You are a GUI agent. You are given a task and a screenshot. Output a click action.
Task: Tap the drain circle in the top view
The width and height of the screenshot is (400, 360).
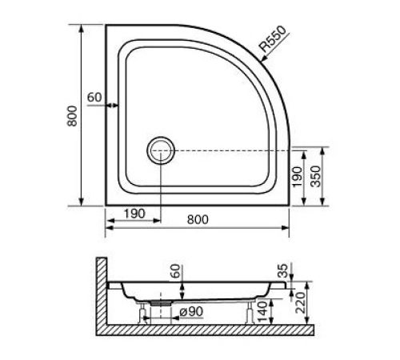160,150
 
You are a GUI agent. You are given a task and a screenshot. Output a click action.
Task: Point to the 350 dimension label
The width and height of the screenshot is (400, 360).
317,177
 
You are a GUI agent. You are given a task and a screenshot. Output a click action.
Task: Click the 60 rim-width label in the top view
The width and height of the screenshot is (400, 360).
94,98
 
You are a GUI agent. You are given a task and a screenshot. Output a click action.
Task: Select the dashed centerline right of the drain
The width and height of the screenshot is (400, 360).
232,150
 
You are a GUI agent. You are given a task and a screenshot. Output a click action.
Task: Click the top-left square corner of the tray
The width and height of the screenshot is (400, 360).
107,26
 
